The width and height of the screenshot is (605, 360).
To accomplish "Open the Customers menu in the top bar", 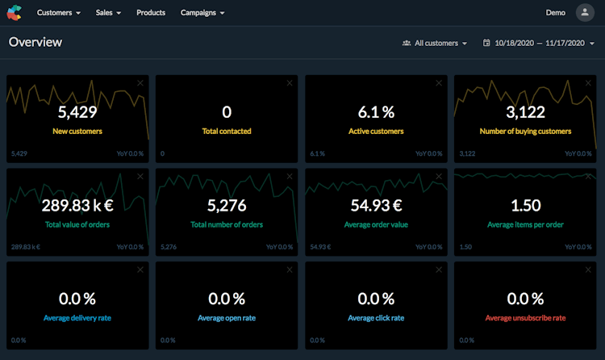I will pyautogui.click(x=59, y=13).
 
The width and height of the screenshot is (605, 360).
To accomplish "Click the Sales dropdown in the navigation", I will pyautogui.click(x=108, y=13).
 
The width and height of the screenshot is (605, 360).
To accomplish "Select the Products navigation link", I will pyautogui.click(x=151, y=13).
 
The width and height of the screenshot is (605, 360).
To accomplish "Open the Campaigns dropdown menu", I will pyautogui.click(x=202, y=13).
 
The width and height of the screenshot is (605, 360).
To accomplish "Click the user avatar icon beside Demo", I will pyautogui.click(x=584, y=13).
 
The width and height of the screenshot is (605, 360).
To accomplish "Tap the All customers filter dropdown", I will pyautogui.click(x=435, y=43).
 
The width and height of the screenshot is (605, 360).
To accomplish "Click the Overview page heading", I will pyautogui.click(x=35, y=42).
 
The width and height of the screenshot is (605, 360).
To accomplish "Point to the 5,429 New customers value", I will pyautogui.click(x=77, y=112).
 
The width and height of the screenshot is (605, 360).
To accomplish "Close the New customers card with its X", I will pyautogui.click(x=140, y=83).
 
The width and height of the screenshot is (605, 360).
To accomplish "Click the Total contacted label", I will pyautogui.click(x=227, y=131).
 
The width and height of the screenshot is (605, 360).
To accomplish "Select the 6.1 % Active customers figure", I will pyautogui.click(x=376, y=112).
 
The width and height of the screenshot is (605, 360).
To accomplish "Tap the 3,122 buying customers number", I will pyautogui.click(x=525, y=112).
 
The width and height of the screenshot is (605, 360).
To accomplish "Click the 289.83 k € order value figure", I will pyautogui.click(x=77, y=205).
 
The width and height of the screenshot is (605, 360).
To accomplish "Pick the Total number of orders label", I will pyautogui.click(x=227, y=224).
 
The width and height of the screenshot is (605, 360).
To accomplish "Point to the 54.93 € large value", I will pyautogui.click(x=376, y=205).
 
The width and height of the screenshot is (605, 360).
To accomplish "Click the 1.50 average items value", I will pyautogui.click(x=525, y=205).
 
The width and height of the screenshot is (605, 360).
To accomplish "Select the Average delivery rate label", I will pyautogui.click(x=77, y=318).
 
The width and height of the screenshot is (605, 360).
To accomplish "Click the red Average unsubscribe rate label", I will pyautogui.click(x=525, y=318).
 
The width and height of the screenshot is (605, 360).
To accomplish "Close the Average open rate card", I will pyautogui.click(x=290, y=270).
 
